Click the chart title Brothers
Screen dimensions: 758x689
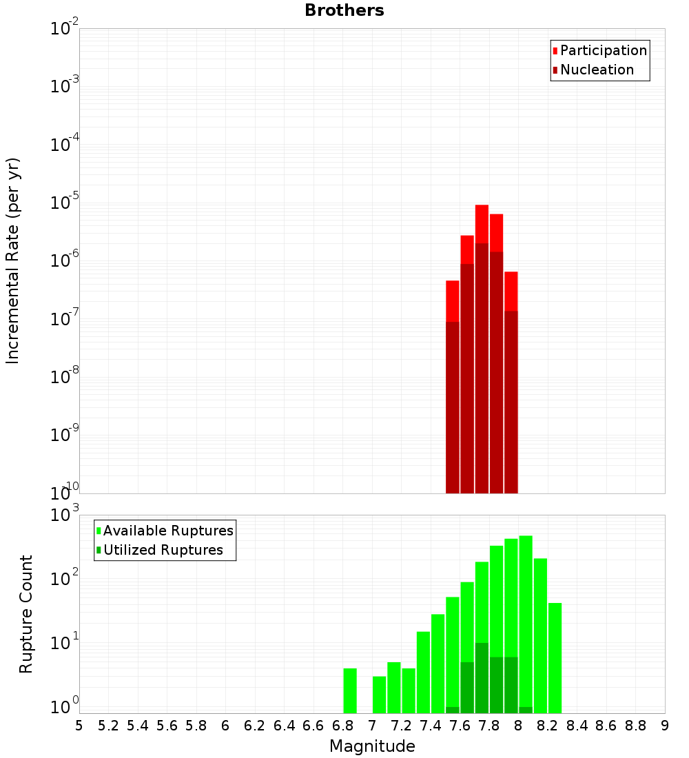click(x=344, y=10)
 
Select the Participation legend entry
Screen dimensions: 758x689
click(x=603, y=50)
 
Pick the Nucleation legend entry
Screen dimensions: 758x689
click(x=596, y=70)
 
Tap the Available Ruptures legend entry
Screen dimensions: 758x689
click(x=167, y=531)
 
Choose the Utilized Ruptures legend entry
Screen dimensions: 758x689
click(x=163, y=550)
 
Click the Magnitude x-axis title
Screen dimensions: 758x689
click(x=372, y=746)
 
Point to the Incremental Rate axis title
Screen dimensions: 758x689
click(x=13, y=260)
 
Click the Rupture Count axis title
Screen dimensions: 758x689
click(x=26, y=614)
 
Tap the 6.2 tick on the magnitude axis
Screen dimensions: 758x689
click(x=255, y=726)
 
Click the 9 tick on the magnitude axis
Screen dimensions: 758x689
click(x=665, y=726)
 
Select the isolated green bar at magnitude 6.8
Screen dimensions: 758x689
click(x=350, y=690)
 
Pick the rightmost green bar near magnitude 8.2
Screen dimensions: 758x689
click(x=555, y=658)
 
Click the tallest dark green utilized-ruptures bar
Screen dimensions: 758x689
click(x=482, y=678)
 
